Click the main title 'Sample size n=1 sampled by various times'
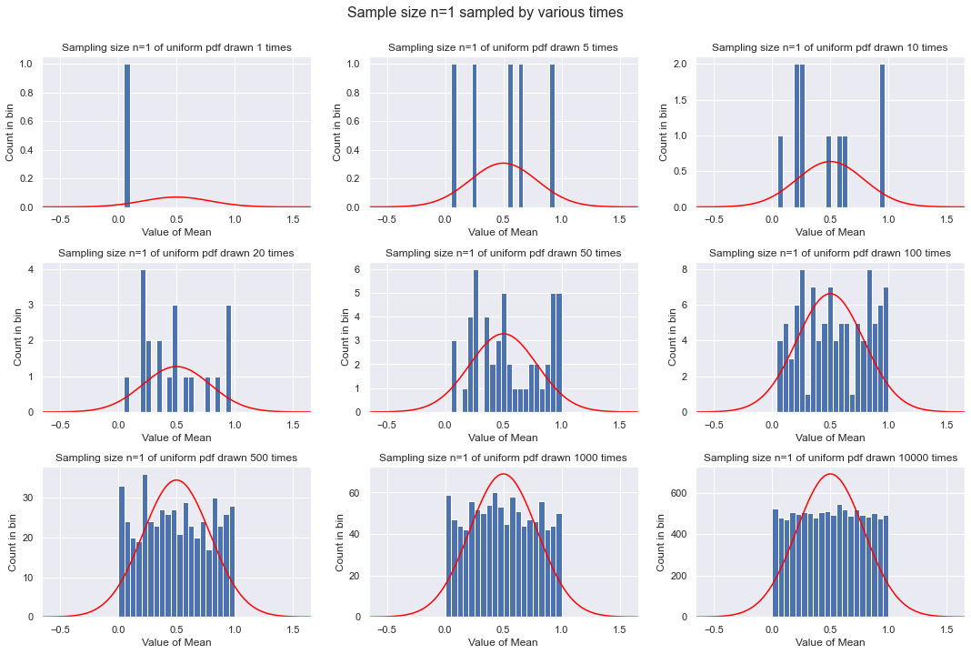pyautogui.click(x=485, y=13)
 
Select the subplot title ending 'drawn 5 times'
pyautogui.click(x=503, y=47)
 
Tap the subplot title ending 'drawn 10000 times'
pyautogui.click(x=830, y=458)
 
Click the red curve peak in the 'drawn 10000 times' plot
pyautogui.click(x=830, y=474)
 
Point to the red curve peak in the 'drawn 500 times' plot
pyautogui.click(x=176, y=480)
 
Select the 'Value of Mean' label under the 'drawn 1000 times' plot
pyautogui.click(x=503, y=642)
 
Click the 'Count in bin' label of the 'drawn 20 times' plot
pyautogui.click(x=19, y=337)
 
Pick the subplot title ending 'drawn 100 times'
pyautogui.click(x=829, y=253)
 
